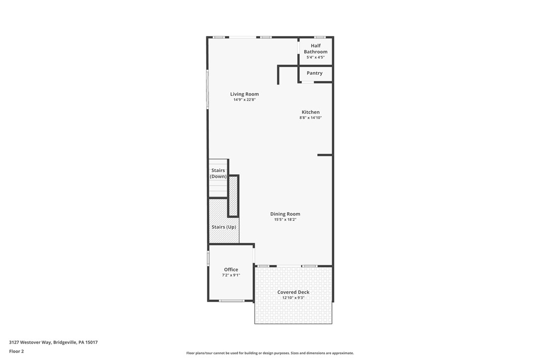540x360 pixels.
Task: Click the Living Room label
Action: click(244, 94)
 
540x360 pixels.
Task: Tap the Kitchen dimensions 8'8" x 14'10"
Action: click(310, 118)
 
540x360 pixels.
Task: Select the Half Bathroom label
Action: click(315, 49)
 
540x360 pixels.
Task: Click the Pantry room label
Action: click(314, 73)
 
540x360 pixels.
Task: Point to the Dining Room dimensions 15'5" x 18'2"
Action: click(285, 219)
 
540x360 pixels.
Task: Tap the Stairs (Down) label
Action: click(218, 174)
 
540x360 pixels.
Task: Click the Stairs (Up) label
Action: click(223, 227)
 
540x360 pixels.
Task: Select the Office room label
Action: click(231, 270)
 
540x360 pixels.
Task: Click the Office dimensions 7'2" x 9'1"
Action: click(231, 275)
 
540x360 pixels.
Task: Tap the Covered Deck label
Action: click(293, 292)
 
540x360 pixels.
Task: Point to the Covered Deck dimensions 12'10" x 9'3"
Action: click(293, 298)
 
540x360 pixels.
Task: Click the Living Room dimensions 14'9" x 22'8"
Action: click(244, 99)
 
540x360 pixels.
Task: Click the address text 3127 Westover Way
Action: click(53, 342)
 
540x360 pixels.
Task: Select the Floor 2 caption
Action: click(16, 351)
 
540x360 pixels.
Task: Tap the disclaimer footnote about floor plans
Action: click(270, 353)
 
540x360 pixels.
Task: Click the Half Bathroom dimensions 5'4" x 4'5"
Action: click(315, 57)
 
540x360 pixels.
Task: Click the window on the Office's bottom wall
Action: click(231, 301)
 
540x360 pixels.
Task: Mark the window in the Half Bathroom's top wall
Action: click(320, 37)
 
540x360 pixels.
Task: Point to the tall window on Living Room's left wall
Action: click(208, 90)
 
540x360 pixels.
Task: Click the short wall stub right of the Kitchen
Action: click(325, 155)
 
